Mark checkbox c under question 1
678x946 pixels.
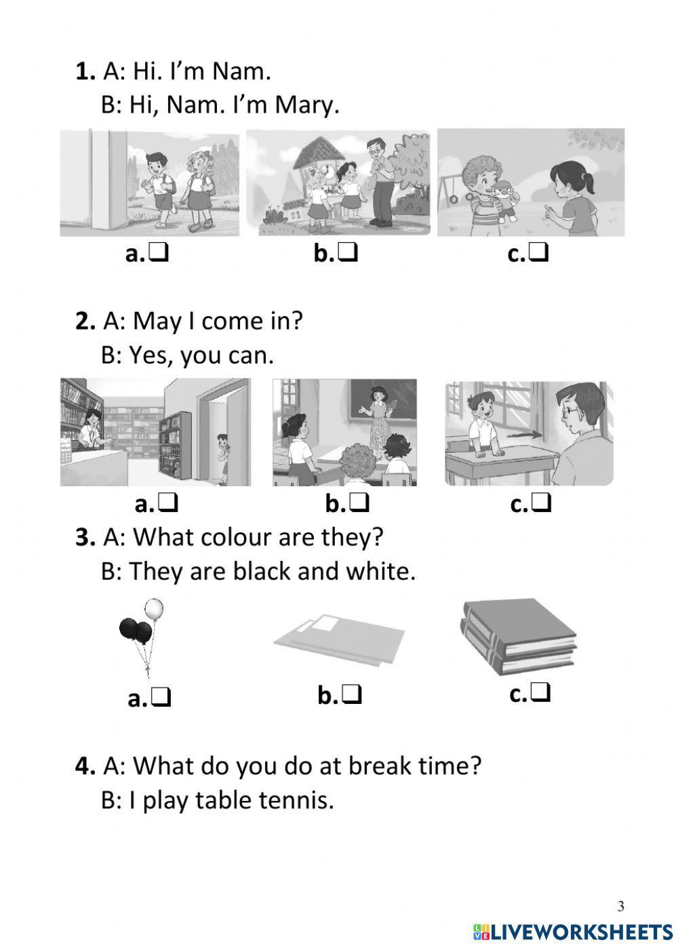(539, 254)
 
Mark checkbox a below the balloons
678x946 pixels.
(161, 697)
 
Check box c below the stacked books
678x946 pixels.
(541, 693)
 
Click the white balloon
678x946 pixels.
(155, 608)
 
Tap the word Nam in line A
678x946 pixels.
(241, 71)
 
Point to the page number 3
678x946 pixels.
(621, 906)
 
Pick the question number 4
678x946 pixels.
(85, 766)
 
